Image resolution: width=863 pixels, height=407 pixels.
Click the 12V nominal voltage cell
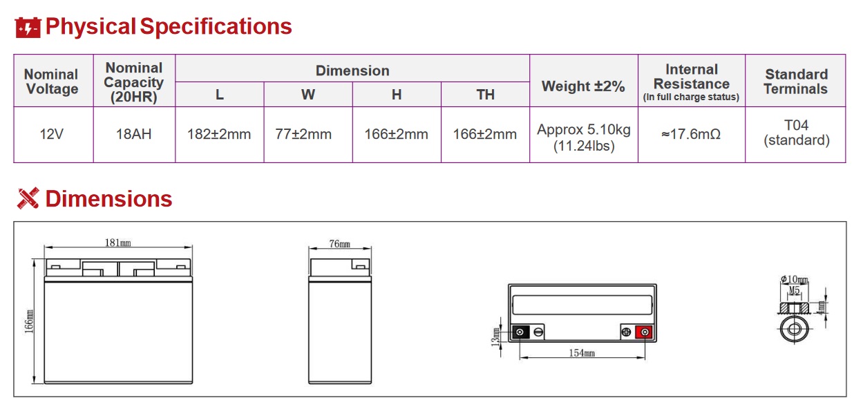coord(51,134)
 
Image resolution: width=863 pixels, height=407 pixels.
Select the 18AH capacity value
coord(133,134)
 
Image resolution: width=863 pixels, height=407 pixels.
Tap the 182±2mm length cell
coord(219,134)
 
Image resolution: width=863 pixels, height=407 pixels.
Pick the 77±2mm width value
coord(303,134)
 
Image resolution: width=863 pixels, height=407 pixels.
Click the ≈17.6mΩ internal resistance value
coord(691,134)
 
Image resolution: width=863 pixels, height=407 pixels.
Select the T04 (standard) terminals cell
coord(797,133)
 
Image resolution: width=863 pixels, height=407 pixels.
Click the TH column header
coord(485,95)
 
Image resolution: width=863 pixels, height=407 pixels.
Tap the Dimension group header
coord(352,71)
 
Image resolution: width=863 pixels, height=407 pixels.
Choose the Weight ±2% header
coord(583,86)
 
